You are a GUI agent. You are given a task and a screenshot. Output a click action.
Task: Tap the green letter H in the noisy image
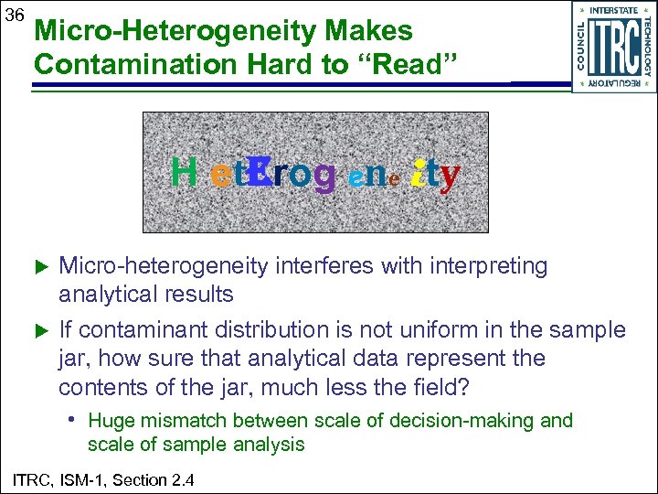pyautogui.click(x=184, y=173)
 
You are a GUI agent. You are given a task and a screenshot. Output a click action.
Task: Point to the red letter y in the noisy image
pyautogui.click(x=449, y=176)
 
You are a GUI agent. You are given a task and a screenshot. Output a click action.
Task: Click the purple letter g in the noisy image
pyautogui.click(x=324, y=177)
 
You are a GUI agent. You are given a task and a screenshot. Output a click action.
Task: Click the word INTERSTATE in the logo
pyautogui.click(x=614, y=10)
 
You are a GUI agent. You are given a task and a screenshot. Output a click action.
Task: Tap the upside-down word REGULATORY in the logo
pyautogui.click(x=614, y=83)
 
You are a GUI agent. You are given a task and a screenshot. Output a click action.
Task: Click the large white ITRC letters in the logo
pyautogui.click(x=614, y=47)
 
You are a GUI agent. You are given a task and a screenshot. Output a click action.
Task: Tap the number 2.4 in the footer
pyautogui.click(x=189, y=478)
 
